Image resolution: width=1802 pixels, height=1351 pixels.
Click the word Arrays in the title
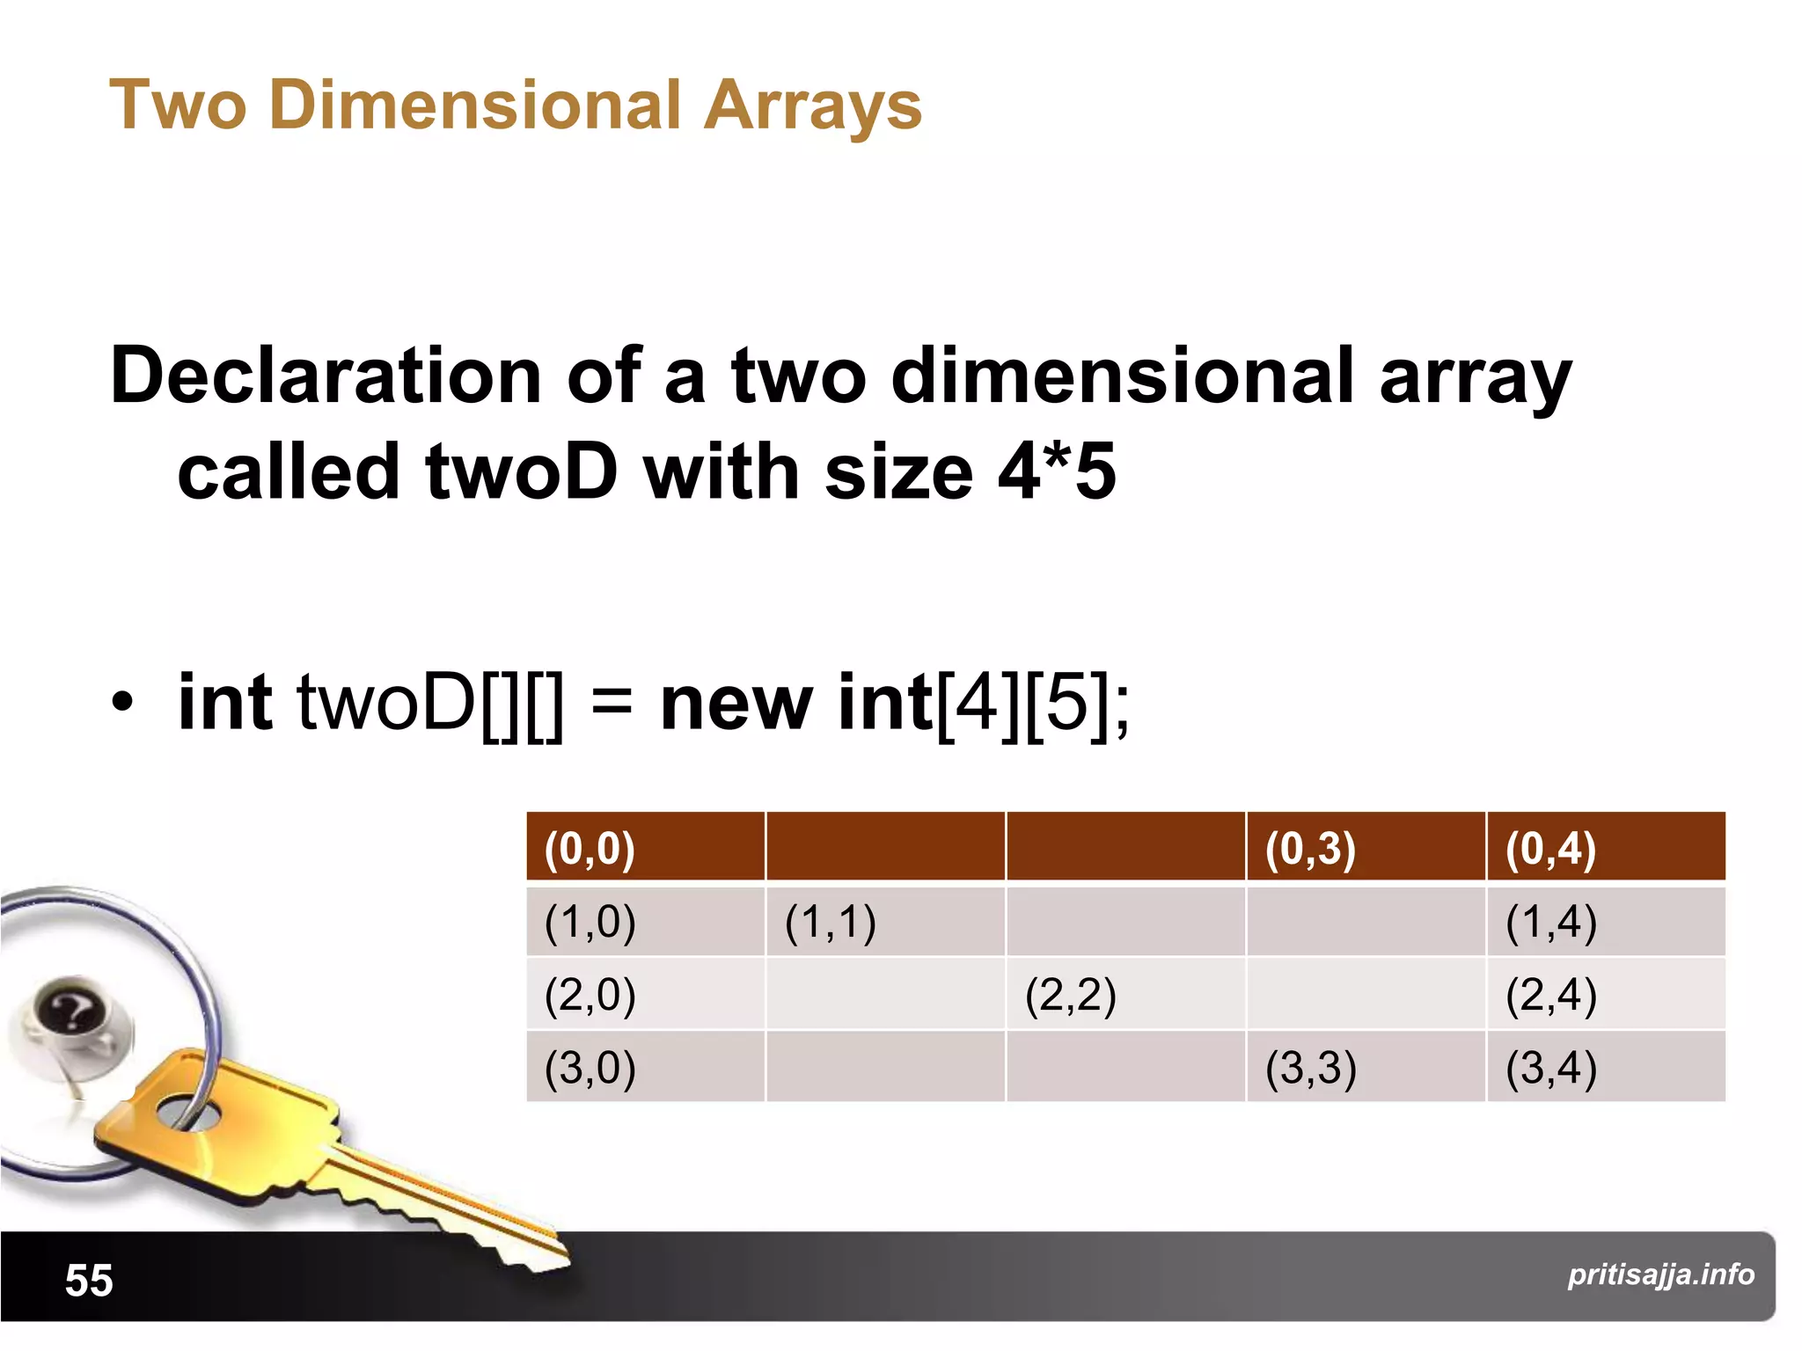pyautogui.click(x=812, y=106)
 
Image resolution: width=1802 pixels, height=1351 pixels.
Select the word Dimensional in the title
pyautogui.click(x=475, y=105)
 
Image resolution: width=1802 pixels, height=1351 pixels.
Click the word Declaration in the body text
pyautogui.click(x=325, y=376)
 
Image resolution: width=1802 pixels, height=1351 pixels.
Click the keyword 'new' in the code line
pyautogui.click(x=736, y=703)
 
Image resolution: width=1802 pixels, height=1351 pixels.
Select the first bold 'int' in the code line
pyautogui.click(x=224, y=703)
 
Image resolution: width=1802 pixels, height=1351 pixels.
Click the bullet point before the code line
pyautogui.click(x=122, y=703)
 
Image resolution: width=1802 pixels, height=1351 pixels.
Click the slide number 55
pyautogui.click(x=89, y=1280)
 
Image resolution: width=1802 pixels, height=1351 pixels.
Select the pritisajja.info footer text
pyautogui.click(x=1660, y=1274)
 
